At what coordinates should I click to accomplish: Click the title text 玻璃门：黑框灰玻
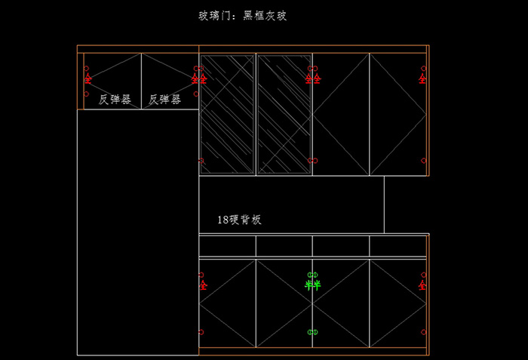tap(242, 15)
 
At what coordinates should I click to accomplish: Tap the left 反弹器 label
tap(115, 99)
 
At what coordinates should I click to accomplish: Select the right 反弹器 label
tap(164, 99)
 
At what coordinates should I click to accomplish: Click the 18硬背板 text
tap(239, 220)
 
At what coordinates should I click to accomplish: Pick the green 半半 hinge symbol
tap(312, 285)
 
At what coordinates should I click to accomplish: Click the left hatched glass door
tap(227, 113)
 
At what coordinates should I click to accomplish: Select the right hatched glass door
tap(284, 113)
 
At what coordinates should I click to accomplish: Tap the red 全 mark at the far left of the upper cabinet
tap(87, 78)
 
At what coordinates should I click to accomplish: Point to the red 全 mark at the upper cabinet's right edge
tap(422, 78)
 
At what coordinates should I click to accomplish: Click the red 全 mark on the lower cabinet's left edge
tap(203, 285)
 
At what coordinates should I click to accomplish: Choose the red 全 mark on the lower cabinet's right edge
tap(422, 285)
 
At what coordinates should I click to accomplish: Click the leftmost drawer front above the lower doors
tap(227, 246)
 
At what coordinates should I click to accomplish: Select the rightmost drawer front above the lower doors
tap(398, 246)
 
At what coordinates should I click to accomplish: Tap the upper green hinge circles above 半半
tap(312, 274)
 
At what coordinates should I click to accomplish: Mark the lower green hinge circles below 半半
tap(312, 332)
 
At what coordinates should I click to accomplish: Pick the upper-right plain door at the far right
tap(398, 113)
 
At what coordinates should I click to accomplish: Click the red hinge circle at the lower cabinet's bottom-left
tap(201, 332)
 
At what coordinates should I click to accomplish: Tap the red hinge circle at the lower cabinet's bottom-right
tap(423, 332)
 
